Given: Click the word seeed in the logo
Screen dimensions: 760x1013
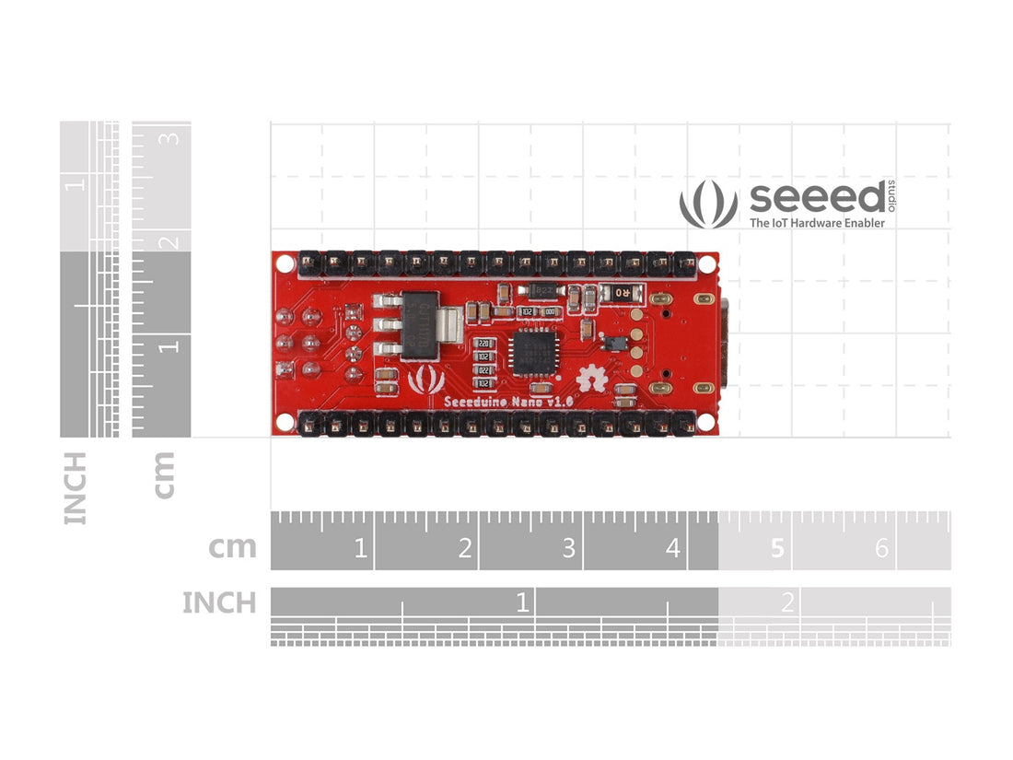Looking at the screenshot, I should (x=817, y=197).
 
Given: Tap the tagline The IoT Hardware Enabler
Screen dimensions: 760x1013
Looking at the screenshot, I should (x=817, y=223).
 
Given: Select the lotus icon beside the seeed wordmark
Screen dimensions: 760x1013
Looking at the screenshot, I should (x=708, y=204).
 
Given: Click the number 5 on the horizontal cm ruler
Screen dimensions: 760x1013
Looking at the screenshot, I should (x=777, y=549).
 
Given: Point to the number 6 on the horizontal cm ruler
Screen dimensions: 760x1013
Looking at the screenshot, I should (x=881, y=549).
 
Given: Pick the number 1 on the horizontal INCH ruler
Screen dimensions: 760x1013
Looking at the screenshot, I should (x=522, y=603).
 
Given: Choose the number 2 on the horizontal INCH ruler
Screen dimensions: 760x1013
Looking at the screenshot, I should (x=787, y=603).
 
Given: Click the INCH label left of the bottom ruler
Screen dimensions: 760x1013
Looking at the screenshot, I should (x=219, y=603).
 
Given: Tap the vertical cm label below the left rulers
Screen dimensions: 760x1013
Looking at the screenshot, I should (x=164, y=474).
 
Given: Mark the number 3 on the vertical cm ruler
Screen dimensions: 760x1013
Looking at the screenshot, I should (x=170, y=139).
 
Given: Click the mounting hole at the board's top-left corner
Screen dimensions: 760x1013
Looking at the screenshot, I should (x=285, y=263).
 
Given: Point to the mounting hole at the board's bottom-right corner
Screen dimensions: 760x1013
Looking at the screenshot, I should (x=705, y=422).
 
